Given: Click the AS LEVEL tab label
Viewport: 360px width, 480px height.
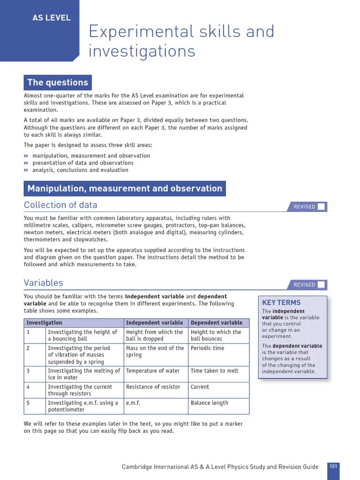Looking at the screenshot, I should [52, 18].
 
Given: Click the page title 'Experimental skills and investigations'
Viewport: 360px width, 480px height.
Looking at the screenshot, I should [181, 41].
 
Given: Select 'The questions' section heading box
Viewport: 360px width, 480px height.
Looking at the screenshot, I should [58, 82].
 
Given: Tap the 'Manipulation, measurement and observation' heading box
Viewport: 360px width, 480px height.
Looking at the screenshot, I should [125, 188].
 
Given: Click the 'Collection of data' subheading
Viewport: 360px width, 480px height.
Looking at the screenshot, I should [60, 205].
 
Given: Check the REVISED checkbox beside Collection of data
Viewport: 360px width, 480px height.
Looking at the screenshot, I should [321, 207].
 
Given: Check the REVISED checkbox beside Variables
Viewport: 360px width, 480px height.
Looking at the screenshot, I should [321, 285].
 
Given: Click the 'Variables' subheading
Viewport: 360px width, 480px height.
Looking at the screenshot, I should [43, 283].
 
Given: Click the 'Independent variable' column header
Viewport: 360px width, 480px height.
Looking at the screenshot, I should [154, 322].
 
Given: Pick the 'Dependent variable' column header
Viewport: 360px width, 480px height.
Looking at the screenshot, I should [217, 322].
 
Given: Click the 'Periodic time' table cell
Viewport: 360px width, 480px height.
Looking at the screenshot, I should [207, 348].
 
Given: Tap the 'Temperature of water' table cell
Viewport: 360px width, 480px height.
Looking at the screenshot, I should [153, 371].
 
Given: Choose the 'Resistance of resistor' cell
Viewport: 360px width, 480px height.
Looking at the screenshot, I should [153, 387].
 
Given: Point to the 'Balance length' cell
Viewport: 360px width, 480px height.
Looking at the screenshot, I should [209, 403].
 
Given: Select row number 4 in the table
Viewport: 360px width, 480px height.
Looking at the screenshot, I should [28, 387].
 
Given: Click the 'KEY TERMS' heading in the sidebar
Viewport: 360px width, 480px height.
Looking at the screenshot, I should [281, 303].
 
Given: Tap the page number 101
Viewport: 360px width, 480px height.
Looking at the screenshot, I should [333, 466].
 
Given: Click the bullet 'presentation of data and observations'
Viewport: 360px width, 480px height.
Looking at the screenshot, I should [83, 163].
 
